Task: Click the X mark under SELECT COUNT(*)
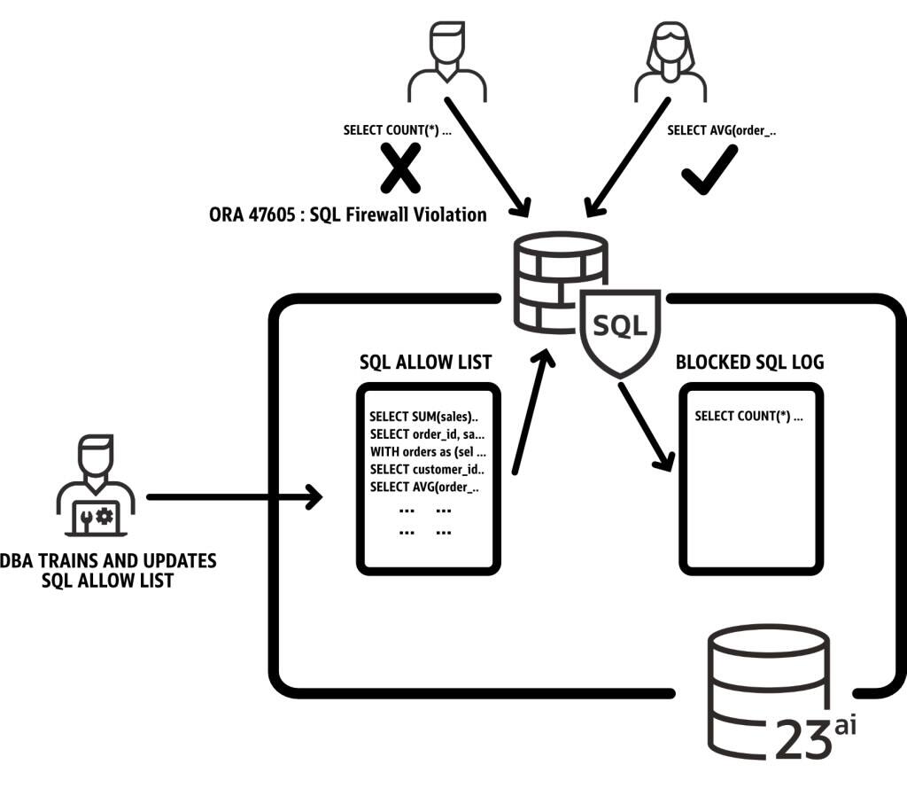point(400,170)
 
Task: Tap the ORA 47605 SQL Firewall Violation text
point(347,214)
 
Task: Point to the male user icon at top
point(447,60)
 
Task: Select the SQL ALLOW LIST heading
point(425,362)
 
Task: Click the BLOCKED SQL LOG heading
point(749,362)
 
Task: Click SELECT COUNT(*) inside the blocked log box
point(748,416)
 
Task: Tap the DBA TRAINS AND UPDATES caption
point(108,571)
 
